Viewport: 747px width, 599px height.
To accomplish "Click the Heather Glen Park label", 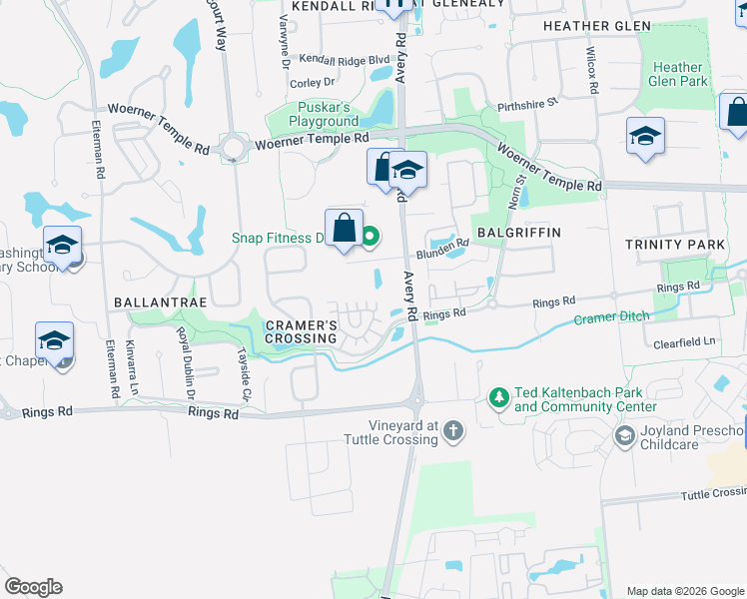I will [678, 75].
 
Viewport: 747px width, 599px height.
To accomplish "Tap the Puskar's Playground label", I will [324, 114].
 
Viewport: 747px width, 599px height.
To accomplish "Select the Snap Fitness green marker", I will [371, 237].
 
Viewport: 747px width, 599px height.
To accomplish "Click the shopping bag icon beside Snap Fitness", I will [344, 228].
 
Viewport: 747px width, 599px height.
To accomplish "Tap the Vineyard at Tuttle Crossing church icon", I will [453, 430].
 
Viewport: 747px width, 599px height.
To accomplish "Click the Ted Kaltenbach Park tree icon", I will [498, 398].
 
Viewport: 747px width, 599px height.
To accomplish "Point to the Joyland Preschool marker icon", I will [625, 434].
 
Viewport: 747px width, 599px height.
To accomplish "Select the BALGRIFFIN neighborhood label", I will [519, 232].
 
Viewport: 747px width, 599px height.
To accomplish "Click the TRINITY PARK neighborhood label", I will [675, 245].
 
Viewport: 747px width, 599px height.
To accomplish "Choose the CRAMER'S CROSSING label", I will [301, 331].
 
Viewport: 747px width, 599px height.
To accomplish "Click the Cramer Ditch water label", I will [611, 318].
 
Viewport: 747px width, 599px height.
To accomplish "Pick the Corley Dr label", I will [312, 83].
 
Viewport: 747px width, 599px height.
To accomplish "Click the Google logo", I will [33, 587].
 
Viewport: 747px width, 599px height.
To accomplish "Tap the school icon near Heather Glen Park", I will [645, 137].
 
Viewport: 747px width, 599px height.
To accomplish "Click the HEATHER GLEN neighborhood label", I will [596, 26].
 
